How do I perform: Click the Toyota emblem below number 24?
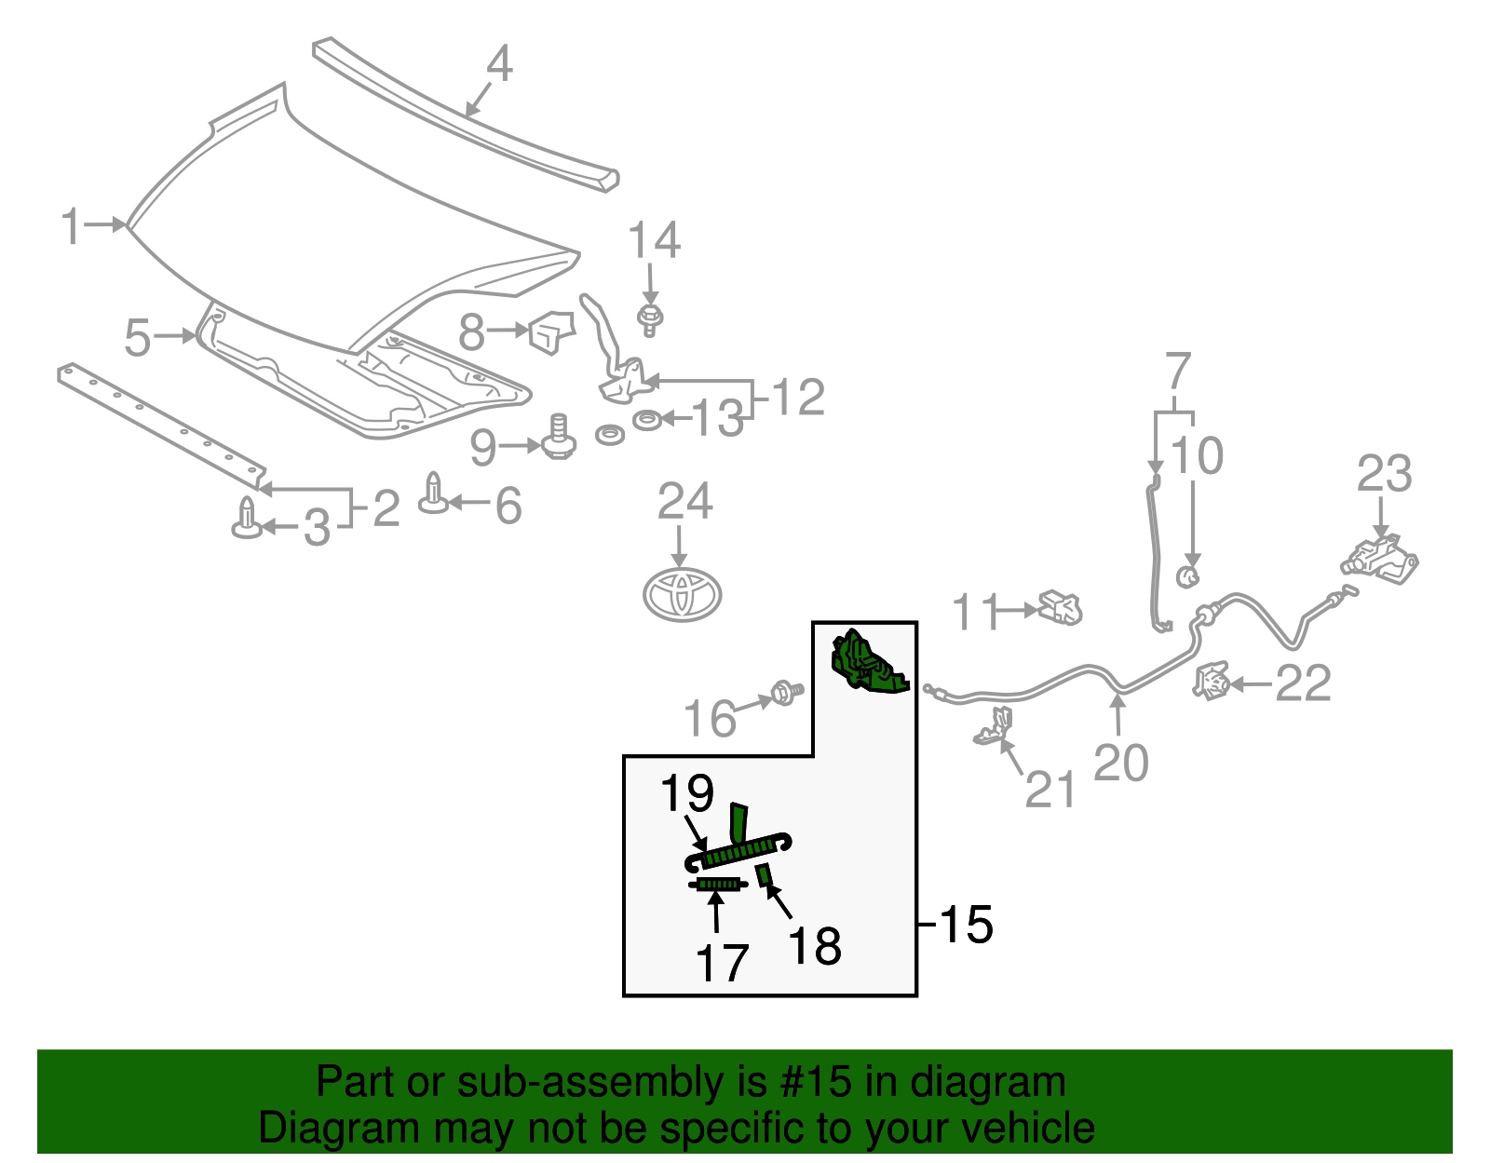[x=683, y=594]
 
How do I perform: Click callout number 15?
[x=966, y=925]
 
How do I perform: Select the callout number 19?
[x=686, y=793]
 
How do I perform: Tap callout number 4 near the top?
[x=499, y=64]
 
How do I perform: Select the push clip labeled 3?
[x=246, y=519]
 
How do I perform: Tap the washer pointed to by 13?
[x=646, y=420]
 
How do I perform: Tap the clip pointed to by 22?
[x=1212, y=683]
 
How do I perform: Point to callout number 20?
[x=1120, y=763]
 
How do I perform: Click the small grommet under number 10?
[x=1188, y=575]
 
